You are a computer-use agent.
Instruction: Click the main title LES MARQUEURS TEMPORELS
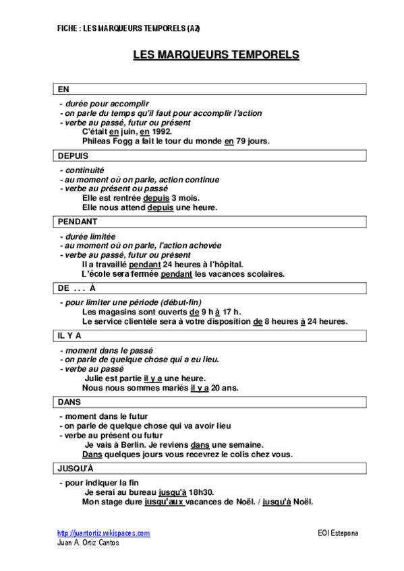click(x=215, y=55)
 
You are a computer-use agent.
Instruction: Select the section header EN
click(x=63, y=89)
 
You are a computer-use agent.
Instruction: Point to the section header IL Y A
click(x=69, y=335)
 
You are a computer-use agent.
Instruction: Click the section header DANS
click(x=69, y=401)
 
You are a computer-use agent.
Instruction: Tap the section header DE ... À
click(x=76, y=288)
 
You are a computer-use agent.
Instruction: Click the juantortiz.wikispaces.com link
click(x=103, y=533)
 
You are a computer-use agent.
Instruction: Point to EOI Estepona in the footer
click(x=338, y=533)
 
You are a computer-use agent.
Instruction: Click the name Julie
click(x=96, y=378)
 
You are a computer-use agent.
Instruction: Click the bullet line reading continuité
click(x=84, y=170)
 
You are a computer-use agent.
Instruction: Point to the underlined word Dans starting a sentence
click(x=92, y=455)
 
